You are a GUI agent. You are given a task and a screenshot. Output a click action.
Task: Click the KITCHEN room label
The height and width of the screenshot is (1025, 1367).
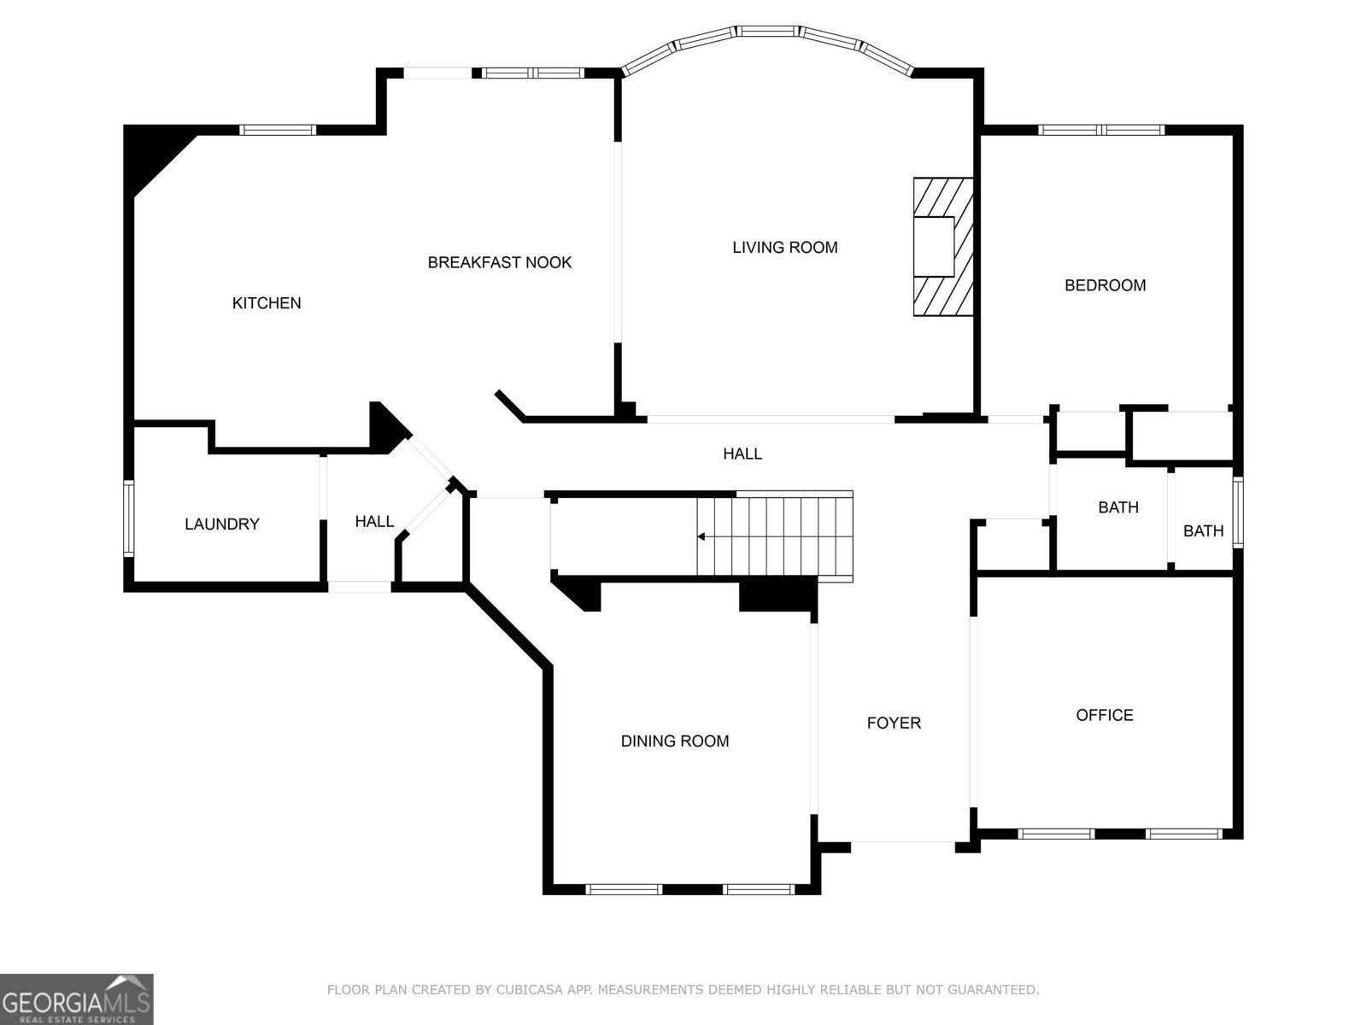coord(267,303)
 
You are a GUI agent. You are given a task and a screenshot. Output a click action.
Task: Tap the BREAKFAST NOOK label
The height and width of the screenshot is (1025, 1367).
coord(500,262)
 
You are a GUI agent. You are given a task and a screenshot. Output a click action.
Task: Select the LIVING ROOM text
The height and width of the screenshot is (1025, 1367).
coord(784,248)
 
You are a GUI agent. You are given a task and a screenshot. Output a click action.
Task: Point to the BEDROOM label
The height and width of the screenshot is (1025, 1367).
coord(1105,285)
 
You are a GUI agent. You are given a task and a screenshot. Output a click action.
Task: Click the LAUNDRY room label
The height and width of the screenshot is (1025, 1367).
coord(222,524)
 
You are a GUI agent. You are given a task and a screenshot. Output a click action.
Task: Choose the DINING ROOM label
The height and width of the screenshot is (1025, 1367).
coord(675,741)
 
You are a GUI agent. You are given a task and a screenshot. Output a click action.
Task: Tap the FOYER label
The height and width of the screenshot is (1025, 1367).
coord(894,723)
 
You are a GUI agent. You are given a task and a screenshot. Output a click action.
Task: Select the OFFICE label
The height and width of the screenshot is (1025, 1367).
coord(1104,715)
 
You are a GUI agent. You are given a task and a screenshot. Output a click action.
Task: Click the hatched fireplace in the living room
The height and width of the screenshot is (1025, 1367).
coord(943,247)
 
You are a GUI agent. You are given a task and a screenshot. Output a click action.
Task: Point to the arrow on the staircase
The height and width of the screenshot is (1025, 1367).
coord(701,536)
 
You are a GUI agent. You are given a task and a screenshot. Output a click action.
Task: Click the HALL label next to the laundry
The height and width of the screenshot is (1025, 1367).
coord(374,521)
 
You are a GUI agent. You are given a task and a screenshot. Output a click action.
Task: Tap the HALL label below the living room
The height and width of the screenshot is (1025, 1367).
coord(742,454)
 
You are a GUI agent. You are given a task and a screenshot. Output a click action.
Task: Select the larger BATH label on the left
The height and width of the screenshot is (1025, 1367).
coord(1118,507)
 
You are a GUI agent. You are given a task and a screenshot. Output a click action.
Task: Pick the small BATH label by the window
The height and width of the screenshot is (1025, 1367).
coord(1203,531)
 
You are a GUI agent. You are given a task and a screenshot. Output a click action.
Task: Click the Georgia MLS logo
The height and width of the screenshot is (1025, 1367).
coord(77,999)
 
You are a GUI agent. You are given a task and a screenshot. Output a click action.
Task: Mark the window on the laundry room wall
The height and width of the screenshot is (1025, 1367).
coord(129,518)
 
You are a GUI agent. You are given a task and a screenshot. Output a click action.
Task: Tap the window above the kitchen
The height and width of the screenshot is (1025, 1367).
coord(277,130)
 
